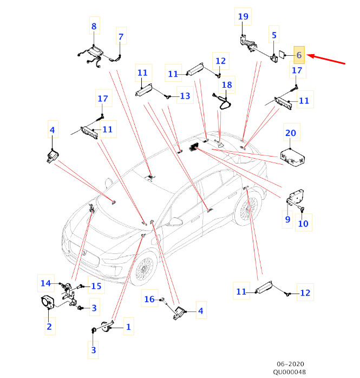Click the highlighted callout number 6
[x=299, y=55]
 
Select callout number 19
[x=243, y=17]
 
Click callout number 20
[x=291, y=133]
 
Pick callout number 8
[x=94, y=26]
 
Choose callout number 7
[x=121, y=37]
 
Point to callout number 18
[x=226, y=85]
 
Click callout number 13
[x=185, y=96]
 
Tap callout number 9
[x=287, y=219]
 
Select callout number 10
[x=304, y=223]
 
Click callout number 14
[x=47, y=283]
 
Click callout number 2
[x=49, y=326]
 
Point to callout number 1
[x=128, y=327]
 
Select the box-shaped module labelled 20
[x=292, y=157]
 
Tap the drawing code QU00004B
[x=289, y=372]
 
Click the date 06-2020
[x=289, y=364]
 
